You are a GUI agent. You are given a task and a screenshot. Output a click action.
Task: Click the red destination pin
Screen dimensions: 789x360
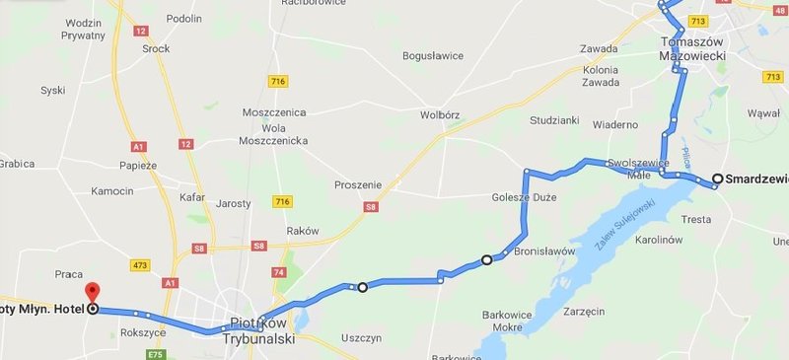pos(93,292)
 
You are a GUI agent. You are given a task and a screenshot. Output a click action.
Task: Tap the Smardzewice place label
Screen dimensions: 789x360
pos(755,179)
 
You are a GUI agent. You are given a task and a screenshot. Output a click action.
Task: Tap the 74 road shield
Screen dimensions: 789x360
pos(278,271)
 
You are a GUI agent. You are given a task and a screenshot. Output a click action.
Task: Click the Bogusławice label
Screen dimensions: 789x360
pos(433,56)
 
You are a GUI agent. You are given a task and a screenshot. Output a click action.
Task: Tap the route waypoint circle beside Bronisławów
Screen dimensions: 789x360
pos(486,260)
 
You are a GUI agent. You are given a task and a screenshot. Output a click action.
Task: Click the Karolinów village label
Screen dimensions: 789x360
pos(659,240)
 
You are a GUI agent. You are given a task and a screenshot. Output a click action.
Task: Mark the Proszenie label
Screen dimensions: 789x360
pos(358,184)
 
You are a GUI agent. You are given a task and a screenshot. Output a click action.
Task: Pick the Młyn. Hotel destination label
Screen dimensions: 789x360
pos(41,309)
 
